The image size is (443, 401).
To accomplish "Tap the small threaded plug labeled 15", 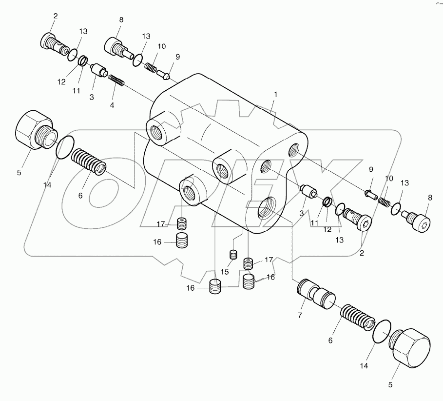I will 233,255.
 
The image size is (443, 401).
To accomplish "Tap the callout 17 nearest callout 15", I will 269,260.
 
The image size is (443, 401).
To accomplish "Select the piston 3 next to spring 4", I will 99,71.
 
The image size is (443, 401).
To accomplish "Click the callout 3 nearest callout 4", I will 92,97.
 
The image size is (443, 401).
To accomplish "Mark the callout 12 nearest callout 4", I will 61,82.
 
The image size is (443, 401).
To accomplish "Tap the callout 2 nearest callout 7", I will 362,254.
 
